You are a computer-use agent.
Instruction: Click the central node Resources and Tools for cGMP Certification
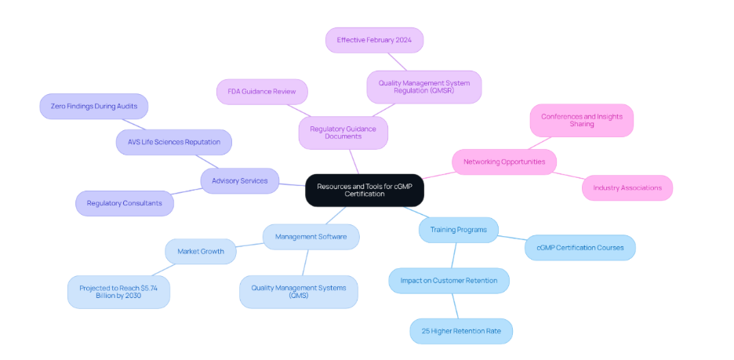(x=364, y=190)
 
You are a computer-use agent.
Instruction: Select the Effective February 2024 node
(x=374, y=40)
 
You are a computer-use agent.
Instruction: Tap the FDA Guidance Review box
(x=262, y=92)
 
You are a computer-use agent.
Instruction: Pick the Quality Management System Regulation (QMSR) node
(x=423, y=86)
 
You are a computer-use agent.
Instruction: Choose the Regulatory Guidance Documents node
(x=343, y=133)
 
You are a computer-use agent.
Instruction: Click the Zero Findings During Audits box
(x=93, y=106)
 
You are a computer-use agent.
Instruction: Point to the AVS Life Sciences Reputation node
(x=173, y=142)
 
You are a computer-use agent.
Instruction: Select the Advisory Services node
(x=239, y=180)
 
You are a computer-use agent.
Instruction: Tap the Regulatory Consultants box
(x=124, y=203)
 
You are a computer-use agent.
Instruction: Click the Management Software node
(x=311, y=236)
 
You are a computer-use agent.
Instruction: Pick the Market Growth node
(x=200, y=251)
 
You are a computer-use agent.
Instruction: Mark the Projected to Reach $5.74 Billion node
(x=118, y=292)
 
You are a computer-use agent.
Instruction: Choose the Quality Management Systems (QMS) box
(x=298, y=292)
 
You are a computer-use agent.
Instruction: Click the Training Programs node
(x=458, y=230)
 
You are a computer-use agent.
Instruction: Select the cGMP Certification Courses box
(x=580, y=248)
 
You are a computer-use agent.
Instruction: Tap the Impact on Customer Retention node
(x=449, y=280)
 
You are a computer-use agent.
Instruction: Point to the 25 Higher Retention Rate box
(x=460, y=330)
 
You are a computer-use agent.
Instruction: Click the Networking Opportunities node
(x=503, y=162)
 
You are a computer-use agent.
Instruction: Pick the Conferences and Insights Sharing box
(x=581, y=120)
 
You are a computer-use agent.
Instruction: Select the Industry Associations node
(x=627, y=187)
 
